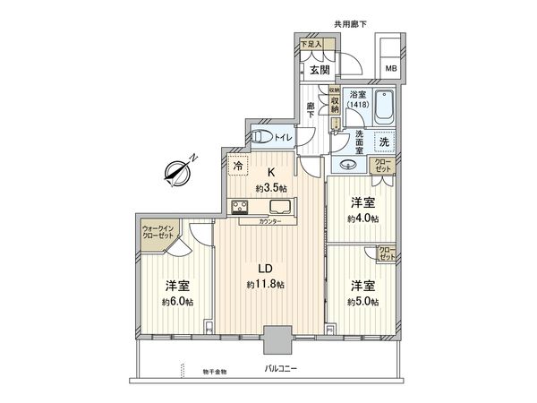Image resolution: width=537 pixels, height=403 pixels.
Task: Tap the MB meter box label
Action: coord(390,68)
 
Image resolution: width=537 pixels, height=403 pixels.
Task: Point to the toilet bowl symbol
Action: coord(260,136)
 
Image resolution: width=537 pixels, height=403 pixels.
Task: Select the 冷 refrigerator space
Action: coord(237,165)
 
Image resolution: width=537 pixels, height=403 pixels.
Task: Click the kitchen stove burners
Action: coord(241,209)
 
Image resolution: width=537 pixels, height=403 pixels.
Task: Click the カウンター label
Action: coord(271,222)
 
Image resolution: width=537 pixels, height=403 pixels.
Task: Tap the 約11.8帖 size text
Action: coord(266,285)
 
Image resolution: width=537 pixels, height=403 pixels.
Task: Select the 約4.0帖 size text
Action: coord(362,218)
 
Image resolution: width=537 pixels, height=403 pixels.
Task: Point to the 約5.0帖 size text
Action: coord(362,301)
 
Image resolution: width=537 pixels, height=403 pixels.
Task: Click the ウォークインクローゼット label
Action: coord(160,234)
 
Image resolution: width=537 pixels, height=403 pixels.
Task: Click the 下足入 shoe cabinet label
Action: coord(309,44)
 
